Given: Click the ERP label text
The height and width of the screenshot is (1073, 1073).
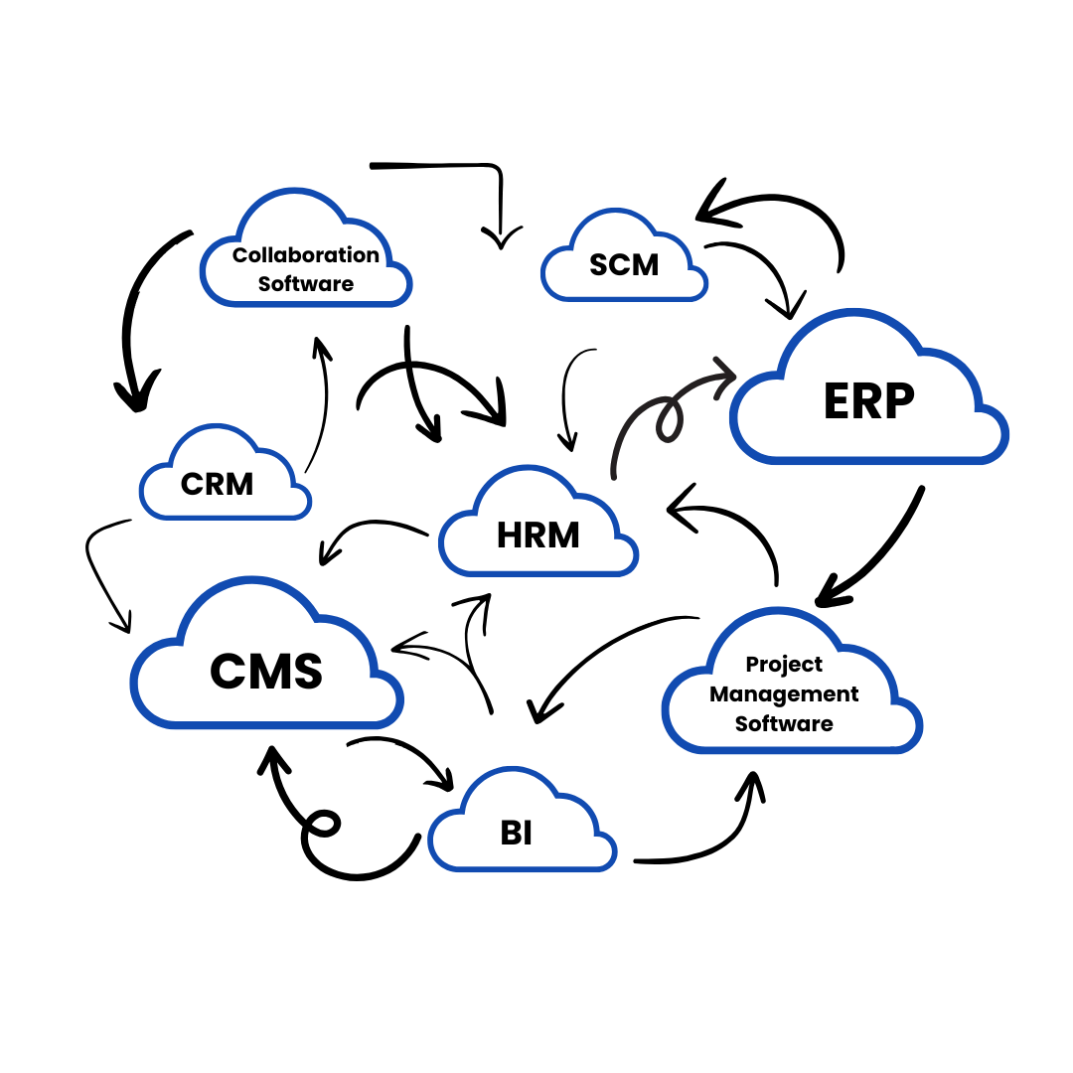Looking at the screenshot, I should pyautogui.click(x=868, y=400).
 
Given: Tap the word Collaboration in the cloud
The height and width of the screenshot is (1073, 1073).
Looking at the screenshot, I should pyautogui.click(x=306, y=255).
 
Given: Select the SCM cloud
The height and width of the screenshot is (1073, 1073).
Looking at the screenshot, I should pyautogui.click(x=624, y=263).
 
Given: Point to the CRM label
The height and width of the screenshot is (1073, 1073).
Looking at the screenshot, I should pyautogui.click(x=217, y=484).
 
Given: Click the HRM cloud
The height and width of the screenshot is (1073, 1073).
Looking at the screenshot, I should pyautogui.click(x=537, y=535).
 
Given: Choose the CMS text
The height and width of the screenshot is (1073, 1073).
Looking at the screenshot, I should pyautogui.click(x=266, y=672).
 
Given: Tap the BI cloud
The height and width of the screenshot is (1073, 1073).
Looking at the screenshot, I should pyautogui.click(x=517, y=834).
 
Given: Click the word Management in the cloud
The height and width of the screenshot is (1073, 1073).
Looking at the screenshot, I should pyautogui.click(x=784, y=693).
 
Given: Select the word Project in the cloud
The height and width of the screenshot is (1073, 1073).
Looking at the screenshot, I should pyautogui.click(x=784, y=664).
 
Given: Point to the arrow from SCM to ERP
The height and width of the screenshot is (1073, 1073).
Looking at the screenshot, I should pyautogui.click(x=760, y=268).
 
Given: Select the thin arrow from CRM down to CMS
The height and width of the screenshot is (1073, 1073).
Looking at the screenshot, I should pyautogui.click(x=99, y=571).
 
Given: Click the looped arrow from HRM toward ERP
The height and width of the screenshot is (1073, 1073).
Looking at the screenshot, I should pyautogui.click(x=656, y=407).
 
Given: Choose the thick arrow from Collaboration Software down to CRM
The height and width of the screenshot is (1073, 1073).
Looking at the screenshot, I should pyautogui.click(x=134, y=318).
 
